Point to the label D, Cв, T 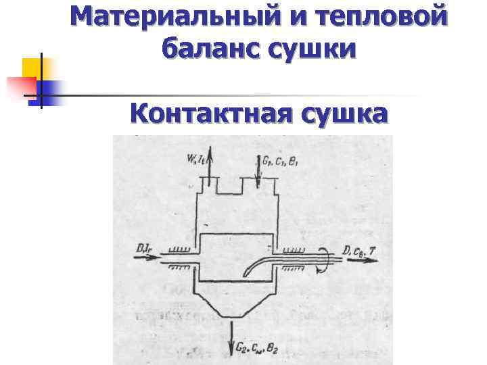click(358, 251)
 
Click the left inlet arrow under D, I click(149, 260)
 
